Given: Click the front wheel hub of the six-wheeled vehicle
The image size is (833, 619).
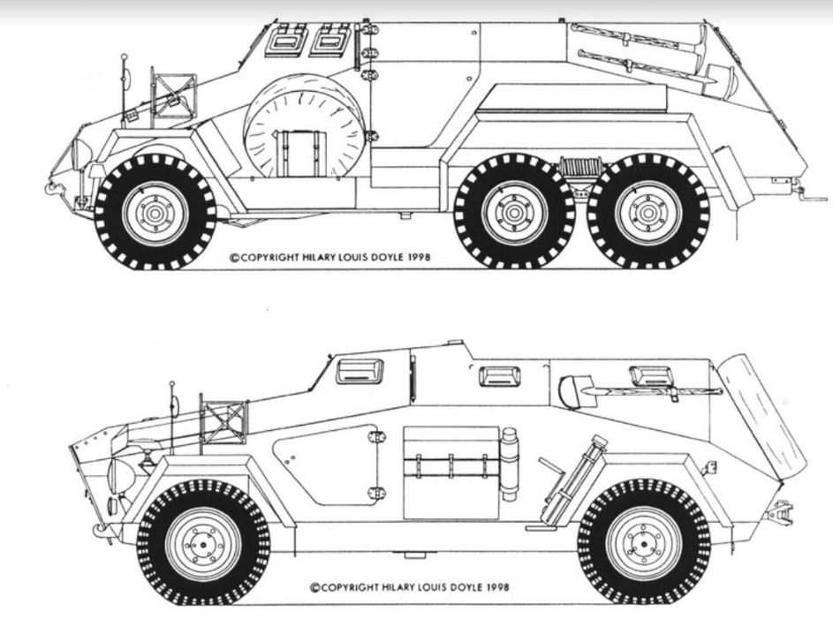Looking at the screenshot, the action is (x=155, y=214).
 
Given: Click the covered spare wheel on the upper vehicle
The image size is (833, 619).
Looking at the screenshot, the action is (x=305, y=126).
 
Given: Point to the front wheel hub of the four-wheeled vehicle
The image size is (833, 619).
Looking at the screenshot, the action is (x=203, y=544).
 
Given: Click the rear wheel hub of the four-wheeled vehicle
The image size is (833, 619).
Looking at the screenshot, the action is (x=644, y=544).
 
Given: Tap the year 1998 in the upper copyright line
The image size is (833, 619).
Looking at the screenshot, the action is (x=420, y=258).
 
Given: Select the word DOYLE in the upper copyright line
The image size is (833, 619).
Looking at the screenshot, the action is (x=389, y=258).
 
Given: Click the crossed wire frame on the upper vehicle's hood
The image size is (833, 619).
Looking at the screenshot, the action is (x=175, y=96).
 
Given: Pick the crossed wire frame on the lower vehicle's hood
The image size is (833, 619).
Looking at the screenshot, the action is (x=224, y=422).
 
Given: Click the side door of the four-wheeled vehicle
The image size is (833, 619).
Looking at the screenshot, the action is (x=327, y=464).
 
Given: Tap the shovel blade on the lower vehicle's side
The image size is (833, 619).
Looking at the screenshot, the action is (x=571, y=391).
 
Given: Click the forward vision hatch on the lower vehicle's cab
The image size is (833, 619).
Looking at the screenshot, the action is (x=360, y=371).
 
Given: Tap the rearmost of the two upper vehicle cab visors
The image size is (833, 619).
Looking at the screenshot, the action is (x=332, y=41).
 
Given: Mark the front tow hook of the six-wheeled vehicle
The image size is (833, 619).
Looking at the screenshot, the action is (x=55, y=187).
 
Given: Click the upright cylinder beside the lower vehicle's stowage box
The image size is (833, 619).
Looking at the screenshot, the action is (x=510, y=464).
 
